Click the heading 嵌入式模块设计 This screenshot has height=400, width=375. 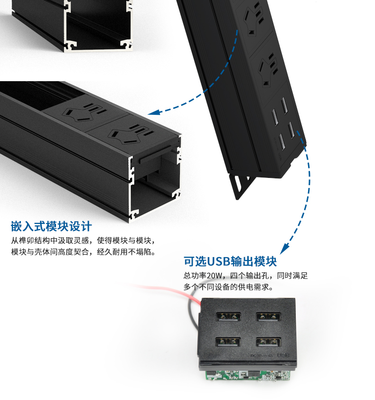point(51,226)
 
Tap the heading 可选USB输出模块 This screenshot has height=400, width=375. point(230,261)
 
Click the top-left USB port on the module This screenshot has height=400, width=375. point(228,316)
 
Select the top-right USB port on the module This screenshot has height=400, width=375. point(268,316)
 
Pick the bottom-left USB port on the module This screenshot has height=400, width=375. point(228,342)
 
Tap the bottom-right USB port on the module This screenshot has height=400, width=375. point(269,342)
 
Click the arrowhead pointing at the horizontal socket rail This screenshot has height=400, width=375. point(154,112)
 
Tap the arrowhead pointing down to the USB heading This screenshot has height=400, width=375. point(284,249)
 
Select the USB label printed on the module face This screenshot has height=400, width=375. point(283,355)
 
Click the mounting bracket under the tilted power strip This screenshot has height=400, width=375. point(241,185)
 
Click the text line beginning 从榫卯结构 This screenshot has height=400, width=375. point(83,241)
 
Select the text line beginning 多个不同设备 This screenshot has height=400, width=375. point(228,287)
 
